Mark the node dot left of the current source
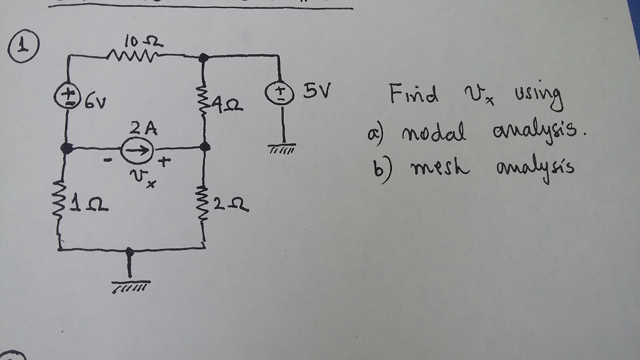tap(66, 149)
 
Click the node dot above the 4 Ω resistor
tap(202, 57)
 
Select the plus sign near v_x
tap(164, 164)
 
